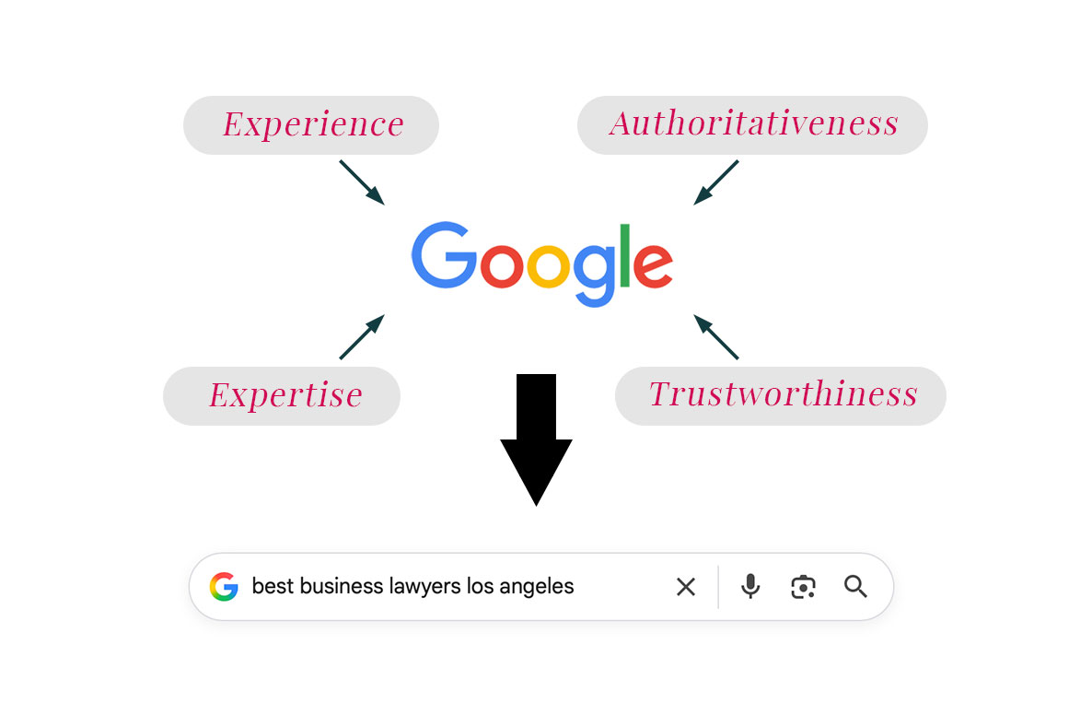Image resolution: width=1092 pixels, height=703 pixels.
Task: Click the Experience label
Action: pyautogui.click(x=311, y=124)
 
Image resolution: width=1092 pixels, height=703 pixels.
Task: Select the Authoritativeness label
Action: pyautogui.click(x=752, y=124)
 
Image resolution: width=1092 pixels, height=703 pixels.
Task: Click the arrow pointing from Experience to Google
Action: pyautogui.click(x=361, y=182)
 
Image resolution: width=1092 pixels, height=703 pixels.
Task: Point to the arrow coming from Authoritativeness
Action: pyautogui.click(x=716, y=182)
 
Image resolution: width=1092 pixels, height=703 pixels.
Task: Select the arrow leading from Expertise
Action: pyautogui.click(x=361, y=336)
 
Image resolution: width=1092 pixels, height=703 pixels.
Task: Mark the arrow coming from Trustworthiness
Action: pyautogui.click(x=716, y=336)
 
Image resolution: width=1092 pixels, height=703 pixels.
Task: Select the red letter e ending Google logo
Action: pyautogui.click(x=653, y=266)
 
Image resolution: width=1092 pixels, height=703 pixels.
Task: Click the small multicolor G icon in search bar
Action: pyautogui.click(x=224, y=587)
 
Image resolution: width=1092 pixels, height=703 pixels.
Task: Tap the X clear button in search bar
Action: pyautogui.click(x=686, y=587)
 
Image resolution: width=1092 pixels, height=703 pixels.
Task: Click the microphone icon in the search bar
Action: pyautogui.click(x=751, y=586)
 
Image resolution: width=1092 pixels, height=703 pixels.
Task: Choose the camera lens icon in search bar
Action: pyautogui.click(x=803, y=587)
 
